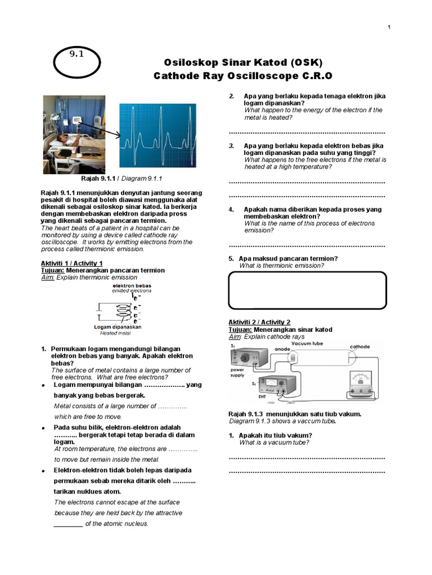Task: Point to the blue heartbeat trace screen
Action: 157,135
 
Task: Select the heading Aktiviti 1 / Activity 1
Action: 72,263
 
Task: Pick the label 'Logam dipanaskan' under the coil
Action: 118,326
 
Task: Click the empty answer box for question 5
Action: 307,290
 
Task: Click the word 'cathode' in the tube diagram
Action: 359,347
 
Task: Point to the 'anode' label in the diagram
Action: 282,349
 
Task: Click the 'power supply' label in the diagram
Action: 237,373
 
